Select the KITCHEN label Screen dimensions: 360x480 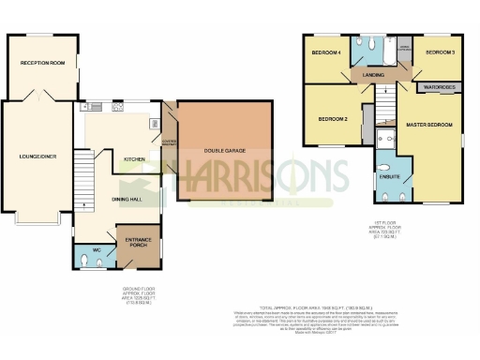click(135, 159)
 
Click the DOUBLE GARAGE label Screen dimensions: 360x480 click(224, 150)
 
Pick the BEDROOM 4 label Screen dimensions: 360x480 click(324, 52)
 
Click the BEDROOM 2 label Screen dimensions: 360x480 click(333, 119)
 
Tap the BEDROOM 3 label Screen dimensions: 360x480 click(440, 53)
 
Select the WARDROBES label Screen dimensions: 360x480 click(439, 87)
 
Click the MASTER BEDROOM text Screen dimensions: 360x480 click(429, 125)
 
